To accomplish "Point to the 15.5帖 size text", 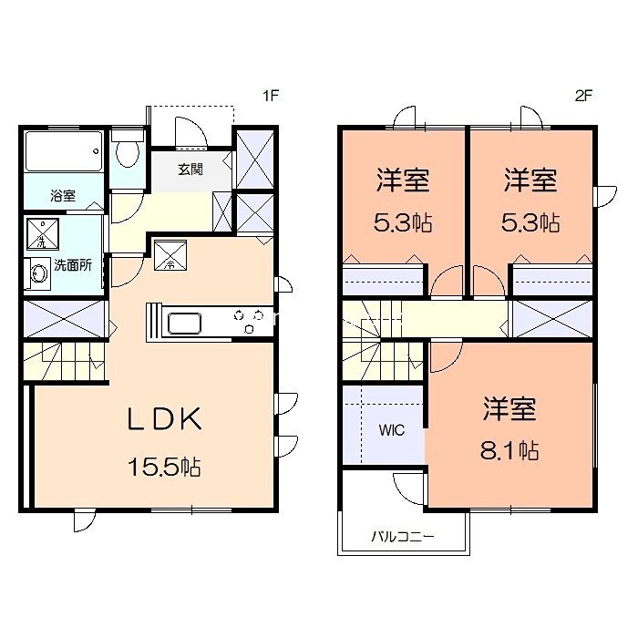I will coord(164,468).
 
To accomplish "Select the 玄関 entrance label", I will coord(190,169).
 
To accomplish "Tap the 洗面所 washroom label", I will coord(71,266).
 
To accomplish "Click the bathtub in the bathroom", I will coord(63,151).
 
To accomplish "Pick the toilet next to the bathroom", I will coord(126,153).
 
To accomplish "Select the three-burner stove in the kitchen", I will coord(248,319).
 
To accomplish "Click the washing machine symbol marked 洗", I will coord(41,235).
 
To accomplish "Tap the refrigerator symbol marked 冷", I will coord(170,254).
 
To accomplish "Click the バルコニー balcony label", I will coord(402,536).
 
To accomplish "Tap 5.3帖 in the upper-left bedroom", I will coord(404,221).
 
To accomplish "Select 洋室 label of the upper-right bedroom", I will coord(531,180).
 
